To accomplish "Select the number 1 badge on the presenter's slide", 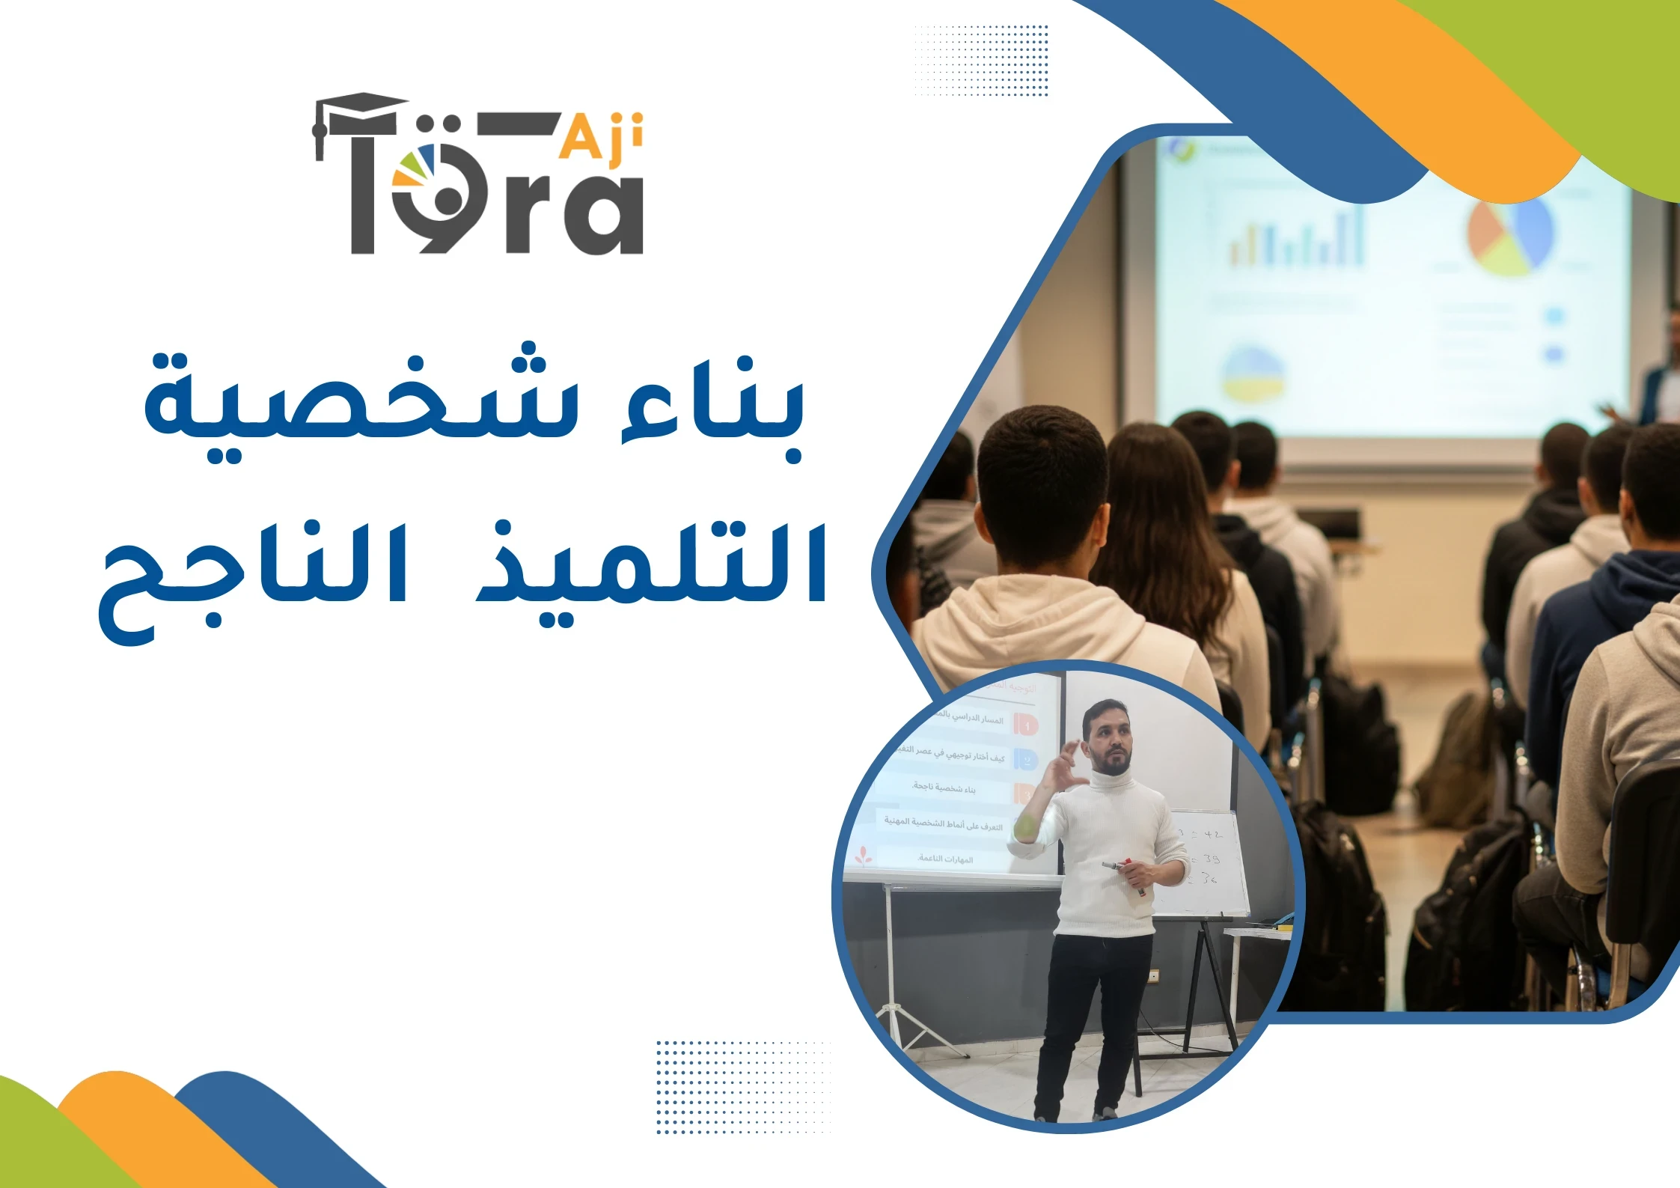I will coord(1026,724).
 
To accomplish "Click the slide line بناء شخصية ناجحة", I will coord(944,788).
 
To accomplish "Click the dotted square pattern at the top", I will coord(980,60).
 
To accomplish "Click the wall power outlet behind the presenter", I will coord(1153,975).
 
